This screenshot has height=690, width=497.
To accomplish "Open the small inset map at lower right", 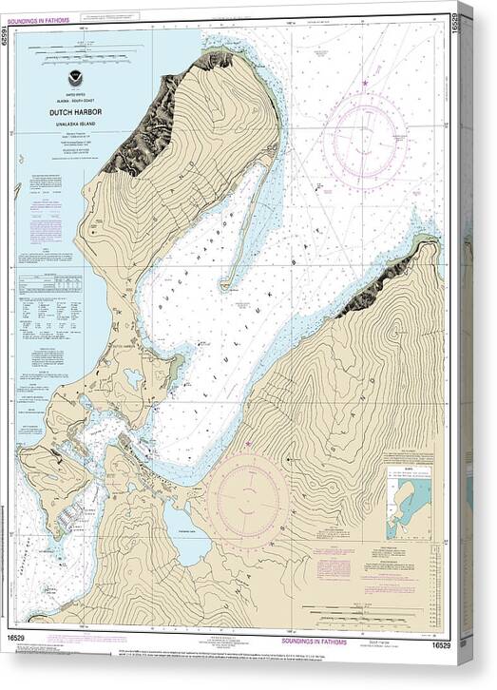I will coord(409,503).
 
